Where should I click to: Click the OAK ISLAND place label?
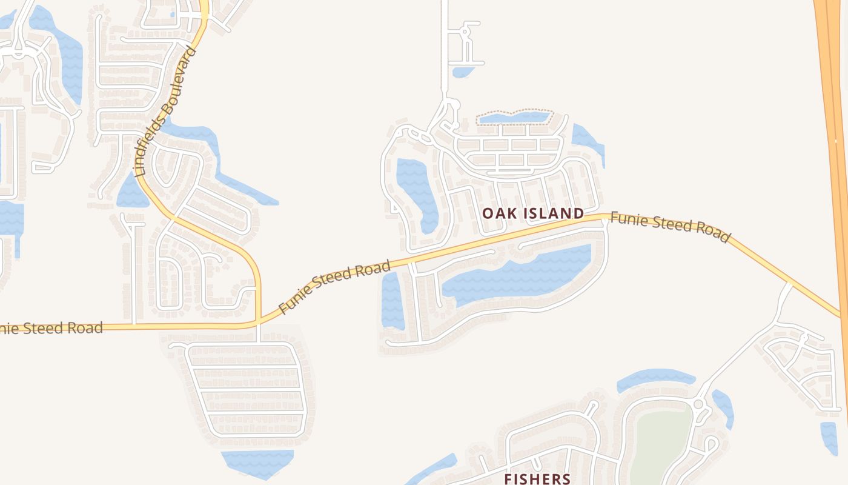point(533,213)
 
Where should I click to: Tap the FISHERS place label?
point(537,478)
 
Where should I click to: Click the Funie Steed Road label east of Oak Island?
point(670,226)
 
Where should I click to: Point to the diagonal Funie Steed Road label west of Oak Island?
point(334,287)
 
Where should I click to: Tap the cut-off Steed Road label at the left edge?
point(51,329)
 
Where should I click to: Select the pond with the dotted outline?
point(514,117)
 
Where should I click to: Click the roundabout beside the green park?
point(698,404)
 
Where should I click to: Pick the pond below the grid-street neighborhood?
point(257,462)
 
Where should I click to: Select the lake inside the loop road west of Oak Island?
point(418,191)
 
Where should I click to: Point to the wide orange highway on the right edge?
point(833,121)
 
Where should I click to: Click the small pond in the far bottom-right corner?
point(829,436)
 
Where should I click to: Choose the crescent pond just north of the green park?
point(654,379)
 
